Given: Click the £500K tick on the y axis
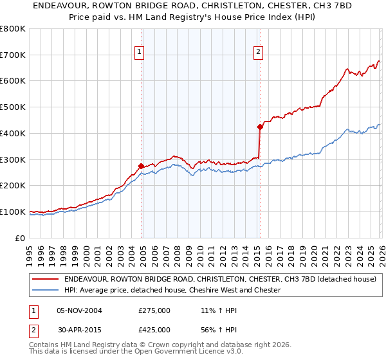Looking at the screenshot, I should [x=12, y=107].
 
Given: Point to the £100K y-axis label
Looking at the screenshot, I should [x=12, y=212].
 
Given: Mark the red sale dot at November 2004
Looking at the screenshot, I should [x=141, y=166].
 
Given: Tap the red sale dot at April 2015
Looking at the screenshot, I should [x=260, y=127].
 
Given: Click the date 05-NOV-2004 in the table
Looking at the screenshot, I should [x=79, y=310].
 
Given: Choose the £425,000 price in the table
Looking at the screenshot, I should [x=154, y=330].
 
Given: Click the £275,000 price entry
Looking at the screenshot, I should [x=154, y=310].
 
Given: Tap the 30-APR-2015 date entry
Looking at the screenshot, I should [x=79, y=330].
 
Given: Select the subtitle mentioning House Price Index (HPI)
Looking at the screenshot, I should [x=192, y=17].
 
